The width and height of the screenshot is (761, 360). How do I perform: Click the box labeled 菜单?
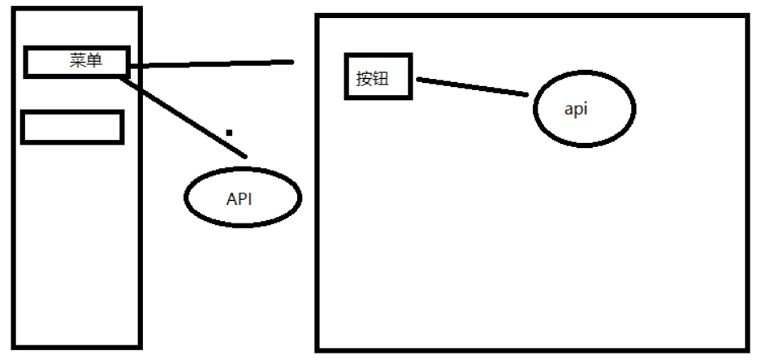[x=76, y=62]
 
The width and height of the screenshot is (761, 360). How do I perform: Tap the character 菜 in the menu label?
[x=78, y=61]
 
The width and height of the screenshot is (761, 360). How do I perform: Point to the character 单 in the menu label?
[x=94, y=61]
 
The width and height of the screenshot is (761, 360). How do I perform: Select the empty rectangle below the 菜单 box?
[x=71, y=128]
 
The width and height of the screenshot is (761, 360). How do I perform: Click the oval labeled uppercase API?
[x=243, y=197]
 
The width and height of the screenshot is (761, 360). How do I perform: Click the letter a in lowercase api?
[x=569, y=111]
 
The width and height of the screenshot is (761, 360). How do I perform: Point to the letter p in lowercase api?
[x=577, y=111]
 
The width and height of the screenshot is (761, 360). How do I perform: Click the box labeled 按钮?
[x=378, y=77]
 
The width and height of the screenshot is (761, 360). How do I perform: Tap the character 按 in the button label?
[x=364, y=79]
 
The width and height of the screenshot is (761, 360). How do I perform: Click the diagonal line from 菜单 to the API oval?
[x=183, y=114]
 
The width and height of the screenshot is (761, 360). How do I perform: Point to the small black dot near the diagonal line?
[x=230, y=132]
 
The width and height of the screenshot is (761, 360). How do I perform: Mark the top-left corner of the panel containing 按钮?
[x=318, y=16]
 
